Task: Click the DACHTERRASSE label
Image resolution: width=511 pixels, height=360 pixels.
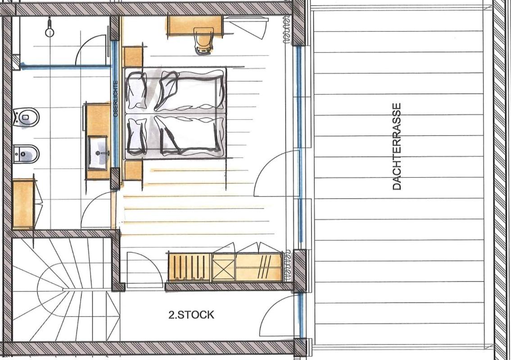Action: point(397,147)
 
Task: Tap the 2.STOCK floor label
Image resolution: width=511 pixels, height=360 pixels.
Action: point(191,315)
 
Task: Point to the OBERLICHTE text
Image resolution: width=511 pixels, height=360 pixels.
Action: point(115,99)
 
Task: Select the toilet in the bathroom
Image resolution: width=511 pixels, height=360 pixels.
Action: point(26,117)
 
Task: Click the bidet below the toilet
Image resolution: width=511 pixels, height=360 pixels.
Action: point(26,154)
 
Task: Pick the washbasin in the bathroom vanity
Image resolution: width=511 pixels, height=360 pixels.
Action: point(98,153)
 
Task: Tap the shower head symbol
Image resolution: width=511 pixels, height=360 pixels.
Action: point(50,28)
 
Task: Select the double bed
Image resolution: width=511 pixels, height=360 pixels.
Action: point(175,113)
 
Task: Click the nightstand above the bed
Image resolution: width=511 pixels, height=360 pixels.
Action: point(133,57)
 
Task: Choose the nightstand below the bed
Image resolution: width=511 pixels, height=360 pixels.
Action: point(133,171)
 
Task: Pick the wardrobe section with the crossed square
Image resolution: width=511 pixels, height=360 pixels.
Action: point(224,268)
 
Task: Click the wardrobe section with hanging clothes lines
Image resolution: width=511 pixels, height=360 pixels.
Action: point(190,267)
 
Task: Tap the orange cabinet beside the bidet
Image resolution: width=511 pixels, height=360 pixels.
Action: point(23,204)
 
